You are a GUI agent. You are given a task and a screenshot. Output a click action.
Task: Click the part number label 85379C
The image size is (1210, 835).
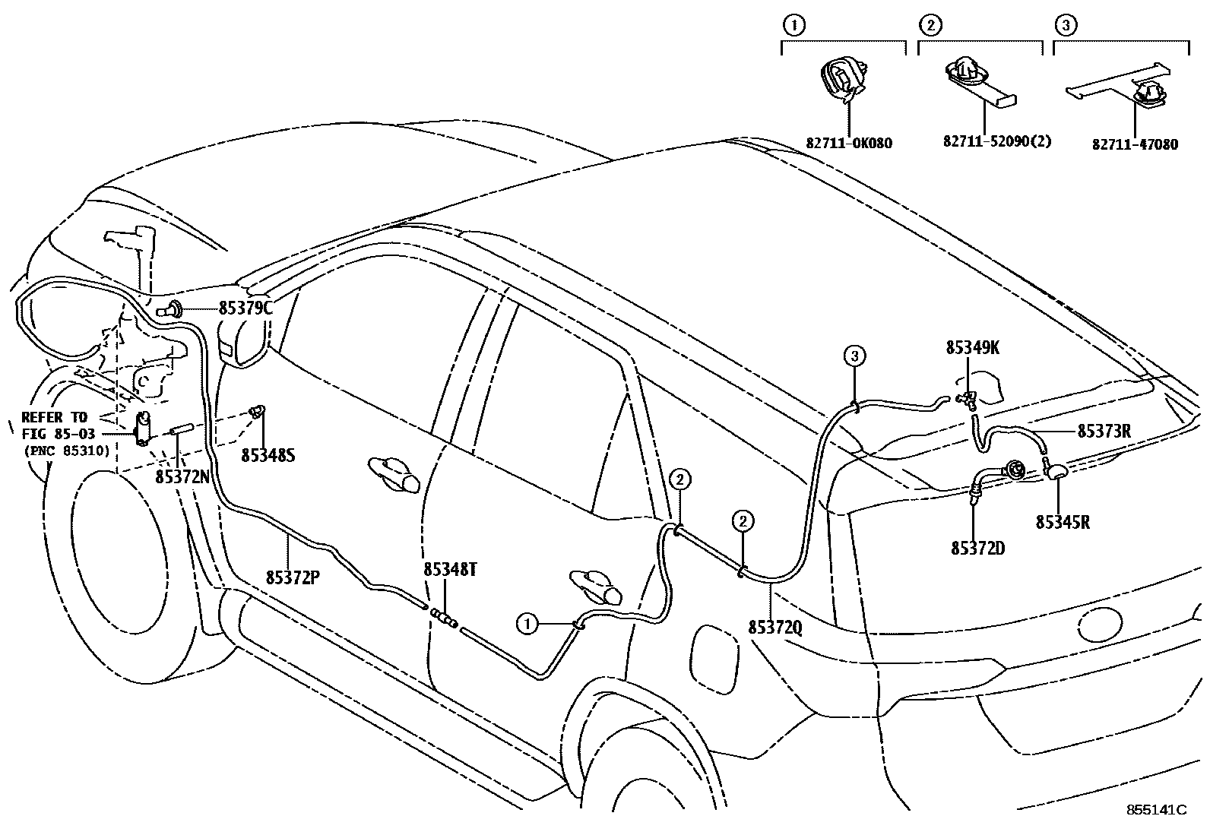pyautogui.click(x=245, y=308)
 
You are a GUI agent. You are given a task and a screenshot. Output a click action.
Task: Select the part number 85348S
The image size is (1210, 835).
pyautogui.click(x=268, y=455)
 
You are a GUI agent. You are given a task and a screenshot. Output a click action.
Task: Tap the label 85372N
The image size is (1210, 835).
pyautogui.click(x=182, y=476)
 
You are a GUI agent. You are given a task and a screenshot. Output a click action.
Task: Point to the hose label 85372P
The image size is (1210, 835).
pyautogui.click(x=292, y=577)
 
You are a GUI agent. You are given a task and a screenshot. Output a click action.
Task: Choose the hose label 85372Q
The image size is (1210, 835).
pyautogui.click(x=774, y=628)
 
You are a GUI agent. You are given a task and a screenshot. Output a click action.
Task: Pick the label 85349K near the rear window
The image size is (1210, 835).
pyautogui.click(x=972, y=347)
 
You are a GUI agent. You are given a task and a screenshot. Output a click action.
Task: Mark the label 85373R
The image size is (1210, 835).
pyautogui.click(x=1104, y=431)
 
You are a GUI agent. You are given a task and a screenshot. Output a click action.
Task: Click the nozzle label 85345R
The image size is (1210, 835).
pyautogui.click(x=1062, y=523)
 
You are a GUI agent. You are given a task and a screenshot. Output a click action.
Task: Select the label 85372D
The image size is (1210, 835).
pyautogui.click(x=977, y=547)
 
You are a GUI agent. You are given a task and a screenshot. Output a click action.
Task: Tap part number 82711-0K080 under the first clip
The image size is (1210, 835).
pyautogui.click(x=849, y=143)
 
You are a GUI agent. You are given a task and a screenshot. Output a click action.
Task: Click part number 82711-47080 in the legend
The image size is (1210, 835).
pyautogui.click(x=1135, y=144)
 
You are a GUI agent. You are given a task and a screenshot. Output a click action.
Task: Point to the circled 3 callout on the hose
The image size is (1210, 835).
pyautogui.click(x=854, y=355)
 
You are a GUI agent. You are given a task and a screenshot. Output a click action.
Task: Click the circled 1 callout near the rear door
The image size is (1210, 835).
pyautogui.click(x=526, y=625)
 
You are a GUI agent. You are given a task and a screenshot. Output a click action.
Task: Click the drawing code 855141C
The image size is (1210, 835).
pyautogui.click(x=1155, y=810)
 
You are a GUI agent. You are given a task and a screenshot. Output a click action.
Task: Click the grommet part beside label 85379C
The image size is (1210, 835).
pyautogui.click(x=173, y=309)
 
